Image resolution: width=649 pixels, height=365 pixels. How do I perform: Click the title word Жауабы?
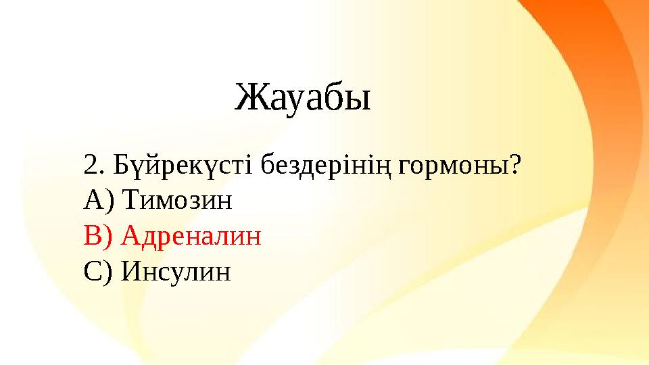(x=303, y=99)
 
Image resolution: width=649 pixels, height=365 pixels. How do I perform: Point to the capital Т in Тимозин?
(x=132, y=200)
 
